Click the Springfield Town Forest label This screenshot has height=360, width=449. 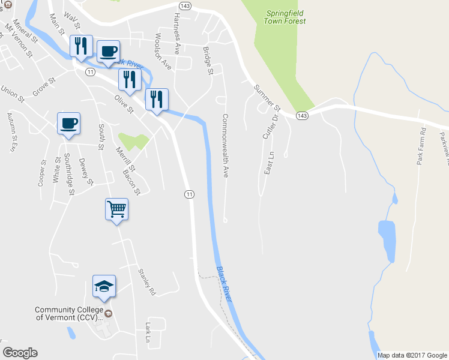(285, 16)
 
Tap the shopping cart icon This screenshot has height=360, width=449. (116, 210)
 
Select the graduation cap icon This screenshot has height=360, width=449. (104, 287)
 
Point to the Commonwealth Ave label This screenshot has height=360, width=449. (226, 146)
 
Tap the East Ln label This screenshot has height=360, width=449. (269, 163)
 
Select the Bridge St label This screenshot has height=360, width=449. (208, 61)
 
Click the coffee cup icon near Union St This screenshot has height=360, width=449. (68, 124)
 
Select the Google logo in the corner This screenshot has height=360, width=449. (20, 353)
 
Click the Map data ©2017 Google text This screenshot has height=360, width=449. (412, 355)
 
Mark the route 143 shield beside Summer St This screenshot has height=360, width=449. (302, 115)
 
